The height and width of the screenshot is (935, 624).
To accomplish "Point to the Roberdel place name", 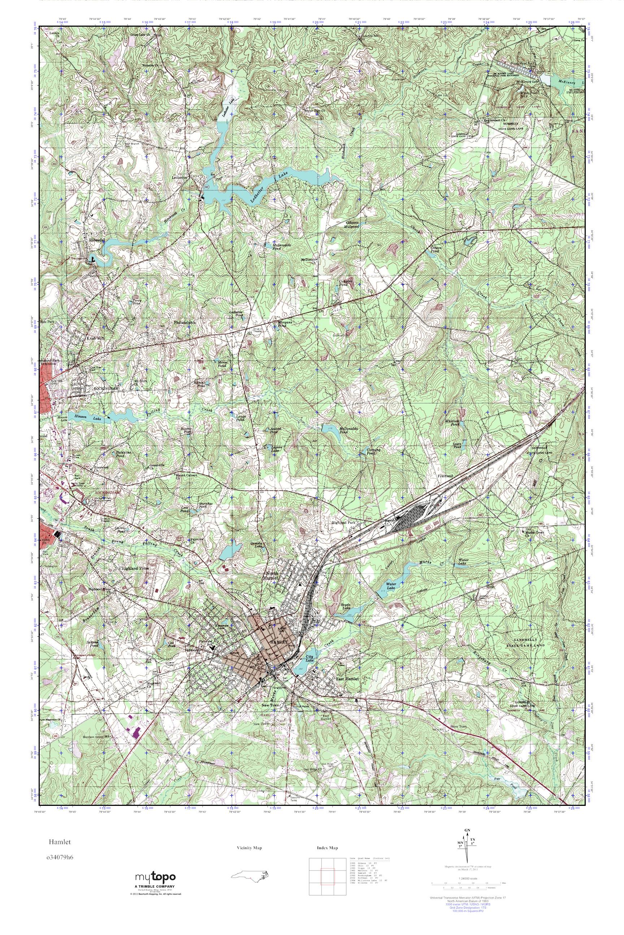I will (97, 240).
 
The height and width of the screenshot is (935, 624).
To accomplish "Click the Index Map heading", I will (327, 848).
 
